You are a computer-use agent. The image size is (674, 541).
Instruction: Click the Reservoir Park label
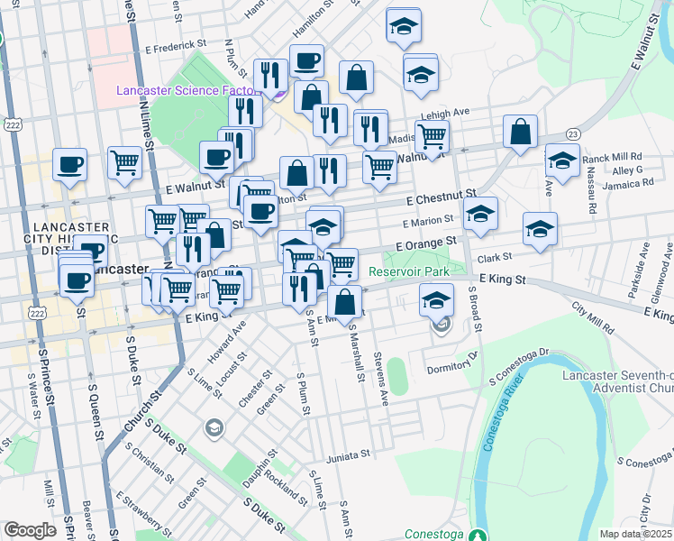pyautogui.click(x=408, y=270)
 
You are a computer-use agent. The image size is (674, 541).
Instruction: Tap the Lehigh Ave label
pyautogui.click(x=450, y=112)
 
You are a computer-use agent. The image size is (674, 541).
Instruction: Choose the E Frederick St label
pyautogui.click(x=175, y=42)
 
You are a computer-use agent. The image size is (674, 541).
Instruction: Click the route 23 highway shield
pyautogui.click(x=574, y=133)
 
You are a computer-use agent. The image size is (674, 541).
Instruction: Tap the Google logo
pyautogui.click(x=30, y=530)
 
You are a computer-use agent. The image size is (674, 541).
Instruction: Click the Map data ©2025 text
pyautogui.click(x=636, y=534)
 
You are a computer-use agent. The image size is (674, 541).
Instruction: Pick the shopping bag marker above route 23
pyautogui.click(x=521, y=132)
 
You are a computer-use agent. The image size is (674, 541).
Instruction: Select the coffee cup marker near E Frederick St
pyautogui.click(x=306, y=60)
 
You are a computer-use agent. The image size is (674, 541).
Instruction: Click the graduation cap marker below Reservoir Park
pyautogui.click(x=437, y=299)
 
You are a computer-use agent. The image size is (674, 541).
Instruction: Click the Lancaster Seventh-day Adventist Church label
pyautogui.click(x=616, y=381)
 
